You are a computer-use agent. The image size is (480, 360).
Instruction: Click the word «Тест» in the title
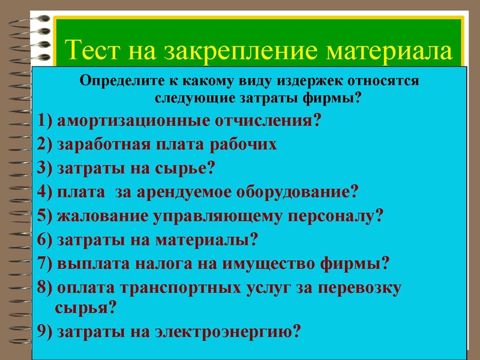92,50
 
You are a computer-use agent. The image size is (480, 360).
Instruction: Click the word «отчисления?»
269,120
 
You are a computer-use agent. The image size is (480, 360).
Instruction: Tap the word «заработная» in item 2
103,144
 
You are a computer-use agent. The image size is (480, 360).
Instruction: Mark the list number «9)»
44,331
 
